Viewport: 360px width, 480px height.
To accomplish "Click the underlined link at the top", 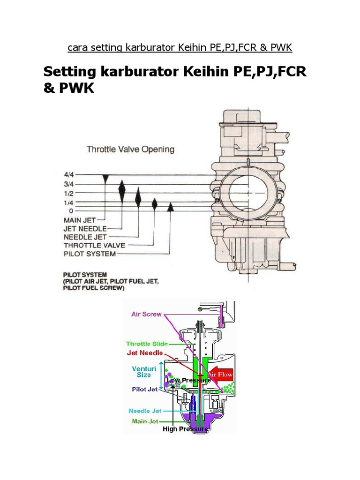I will pyautogui.click(x=180, y=47).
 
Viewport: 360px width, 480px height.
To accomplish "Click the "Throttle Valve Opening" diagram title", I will pyautogui.click(x=130, y=150).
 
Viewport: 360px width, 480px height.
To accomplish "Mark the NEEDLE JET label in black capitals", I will pyautogui.click(x=85, y=237).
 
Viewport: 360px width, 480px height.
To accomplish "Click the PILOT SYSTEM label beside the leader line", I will pyautogui.click(x=89, y=254).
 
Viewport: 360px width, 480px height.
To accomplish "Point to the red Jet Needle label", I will pyautogui.click(x=145, y=353).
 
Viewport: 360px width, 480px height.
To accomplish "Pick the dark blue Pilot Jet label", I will pyautogui.click(x=144, y=389).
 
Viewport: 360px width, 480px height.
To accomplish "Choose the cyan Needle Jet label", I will pyautogui.click(x=145, y=411).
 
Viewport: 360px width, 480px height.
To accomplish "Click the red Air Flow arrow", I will pyautogui.click(x=220, y=374).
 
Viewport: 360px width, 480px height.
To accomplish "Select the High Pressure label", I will pyautogui.click(x=186, y=429).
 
